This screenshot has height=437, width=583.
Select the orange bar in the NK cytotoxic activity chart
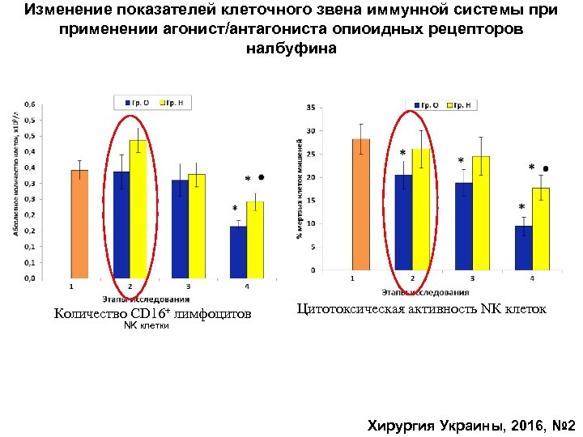(360, 204)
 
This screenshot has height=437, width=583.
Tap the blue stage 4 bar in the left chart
(238, 252)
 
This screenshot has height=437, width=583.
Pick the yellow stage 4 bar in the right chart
(541, 229)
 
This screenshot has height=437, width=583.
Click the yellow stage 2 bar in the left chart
(138, 210)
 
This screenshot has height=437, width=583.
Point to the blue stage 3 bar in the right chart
(462, 226)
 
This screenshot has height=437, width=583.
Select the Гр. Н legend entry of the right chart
(461, 105)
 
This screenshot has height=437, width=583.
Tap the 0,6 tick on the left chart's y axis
(28, 104)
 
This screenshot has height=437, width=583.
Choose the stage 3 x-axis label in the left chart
(189, 286)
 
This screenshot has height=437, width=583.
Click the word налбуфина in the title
(291, 49)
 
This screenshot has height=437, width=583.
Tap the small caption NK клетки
(146, 326)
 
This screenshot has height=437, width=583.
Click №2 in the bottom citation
(561, 425)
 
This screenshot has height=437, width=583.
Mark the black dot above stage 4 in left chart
(261, 176)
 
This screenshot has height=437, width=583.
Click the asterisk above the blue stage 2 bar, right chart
(402, 153)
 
